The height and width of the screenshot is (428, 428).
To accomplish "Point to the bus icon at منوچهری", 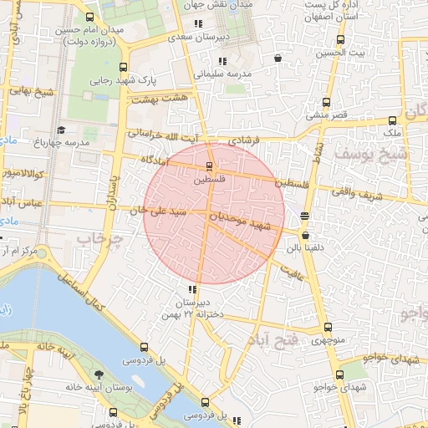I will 326,328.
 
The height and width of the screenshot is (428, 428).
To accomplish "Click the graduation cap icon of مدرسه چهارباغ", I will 61,130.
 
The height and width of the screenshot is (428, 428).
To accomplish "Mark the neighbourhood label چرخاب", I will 100,239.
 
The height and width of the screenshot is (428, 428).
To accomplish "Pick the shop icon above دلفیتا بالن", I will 304,215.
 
